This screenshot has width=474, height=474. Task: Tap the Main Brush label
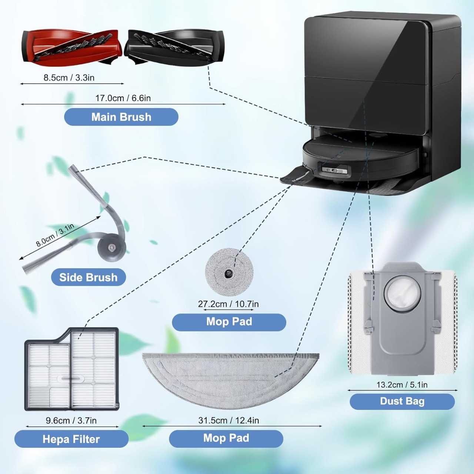pyautogui.click(x=121, y=117)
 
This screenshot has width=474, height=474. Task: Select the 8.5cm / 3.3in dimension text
pyautogui.click(x=69, y=78)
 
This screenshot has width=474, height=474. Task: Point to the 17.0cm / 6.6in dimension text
pyautogui.click(x=123, y=98)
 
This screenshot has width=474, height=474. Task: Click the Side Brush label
pyautogui.click(x=89, y=277)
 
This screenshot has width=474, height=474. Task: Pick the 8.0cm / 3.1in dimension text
pyautogui.click(x=55, y=235)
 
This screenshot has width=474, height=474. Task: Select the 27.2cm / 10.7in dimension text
pyautogui.click(x=228, y=304)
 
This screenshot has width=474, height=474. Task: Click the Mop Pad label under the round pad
pyautogui.click(x=229, y=322)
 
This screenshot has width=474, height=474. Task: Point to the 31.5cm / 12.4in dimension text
pyautogui.click(x=228, y=420)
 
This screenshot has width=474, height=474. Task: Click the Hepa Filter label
pyautogui.click(x=71, y=439)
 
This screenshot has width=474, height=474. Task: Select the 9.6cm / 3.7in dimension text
pyautogui.click(x=71, y=421)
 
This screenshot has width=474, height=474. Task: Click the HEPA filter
pyautogui.click(x=71, y=370)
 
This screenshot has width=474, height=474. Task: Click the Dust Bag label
pyautogui.click(x=402, y=401)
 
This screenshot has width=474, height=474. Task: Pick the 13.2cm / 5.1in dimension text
pyautogui.click(x=402, y=385)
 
